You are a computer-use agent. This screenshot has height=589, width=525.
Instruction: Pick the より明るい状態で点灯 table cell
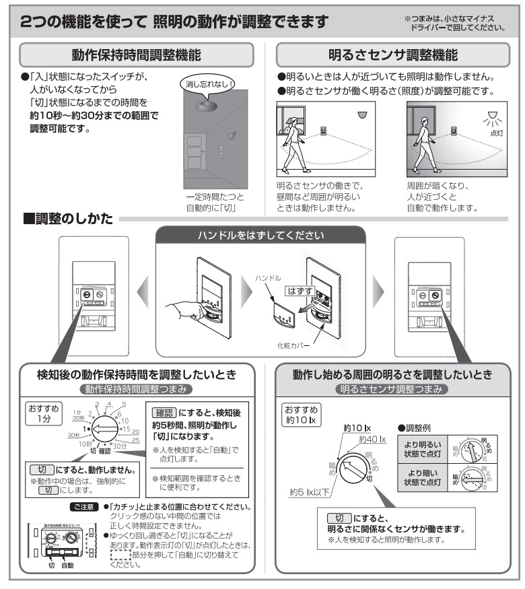[x=422, y=449]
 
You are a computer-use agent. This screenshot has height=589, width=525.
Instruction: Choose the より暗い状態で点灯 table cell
[x=422, y=479]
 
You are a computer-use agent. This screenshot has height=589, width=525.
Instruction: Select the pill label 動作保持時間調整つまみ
[x=136, y=390]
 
